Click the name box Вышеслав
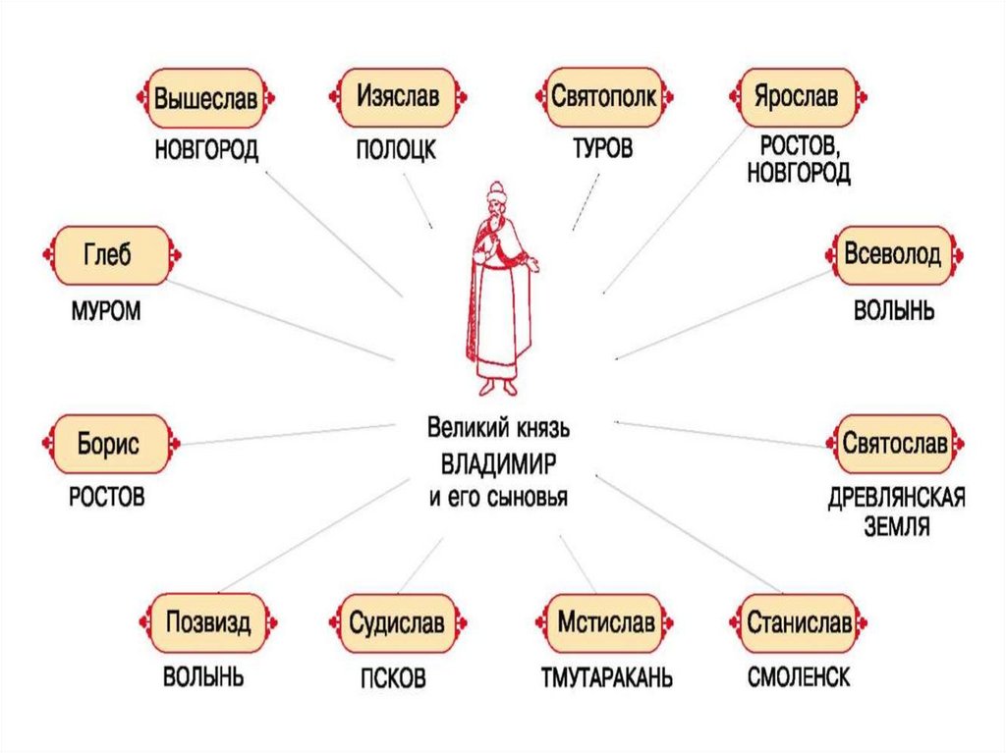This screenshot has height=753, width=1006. tap(204, 98)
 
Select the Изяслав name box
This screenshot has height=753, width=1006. tap(397, 98)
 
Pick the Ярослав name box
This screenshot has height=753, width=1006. tap(796, 98)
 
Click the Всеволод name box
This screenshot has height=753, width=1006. tap(892, 255)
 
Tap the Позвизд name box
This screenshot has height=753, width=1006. tap(208, 622)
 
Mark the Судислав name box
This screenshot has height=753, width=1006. tap(397, 622)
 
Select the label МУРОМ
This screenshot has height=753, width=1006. tap(106, 312)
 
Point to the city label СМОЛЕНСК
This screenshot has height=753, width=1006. tap(798, 678)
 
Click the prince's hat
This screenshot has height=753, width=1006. tap(496, 188)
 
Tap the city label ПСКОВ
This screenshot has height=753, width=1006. tap(392, 679)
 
